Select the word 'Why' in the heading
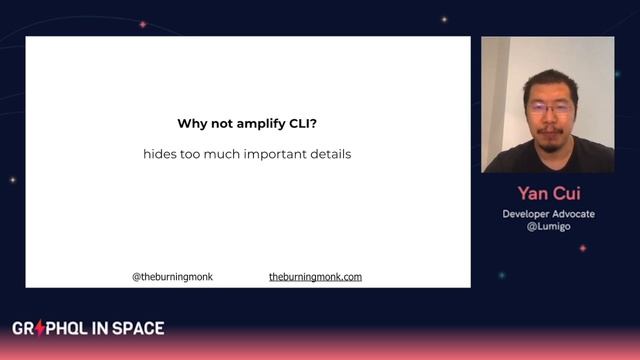192,124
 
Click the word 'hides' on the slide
161,156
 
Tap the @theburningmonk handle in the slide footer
172,276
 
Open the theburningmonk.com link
315,276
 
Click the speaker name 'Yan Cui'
547,193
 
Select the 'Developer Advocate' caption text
547,214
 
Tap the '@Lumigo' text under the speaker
547,227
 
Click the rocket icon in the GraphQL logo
41,328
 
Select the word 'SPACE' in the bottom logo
139,328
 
